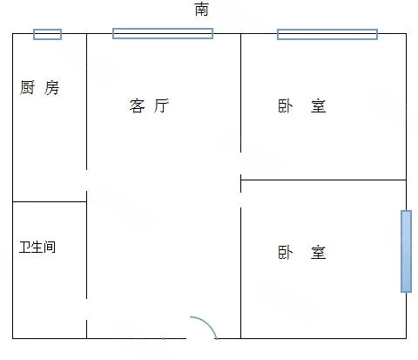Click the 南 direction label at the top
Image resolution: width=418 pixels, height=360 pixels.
pyautogui.click(x=201, y=9)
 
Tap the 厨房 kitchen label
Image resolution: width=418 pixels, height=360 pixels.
pyautogui.click(x=39, y=87)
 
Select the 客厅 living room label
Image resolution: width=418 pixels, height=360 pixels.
pyautogui.click(x=149, y=105)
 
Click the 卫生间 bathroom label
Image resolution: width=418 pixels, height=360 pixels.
pyautogui.click(x=37, y=247)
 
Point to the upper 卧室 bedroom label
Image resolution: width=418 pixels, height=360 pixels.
pyautogui.click(x=302, y=106)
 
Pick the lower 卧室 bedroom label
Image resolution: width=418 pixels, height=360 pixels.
pyautogui.click(x=302, y=252)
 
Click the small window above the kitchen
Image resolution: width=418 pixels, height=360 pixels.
pyautogui.click(x=47, y=34)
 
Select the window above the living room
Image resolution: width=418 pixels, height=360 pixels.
pyautogui.click(x=163, y=33)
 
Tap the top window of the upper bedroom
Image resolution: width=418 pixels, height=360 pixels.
pyautogui.click(x=327, y=34)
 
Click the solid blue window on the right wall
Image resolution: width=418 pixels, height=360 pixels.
pyautogui.click(x=406, y=251)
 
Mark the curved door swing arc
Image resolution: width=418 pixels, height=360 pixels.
pyautogui.click(x=207, y=323)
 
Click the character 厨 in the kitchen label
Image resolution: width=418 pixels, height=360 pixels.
pyautogui.click(x=27, y=87)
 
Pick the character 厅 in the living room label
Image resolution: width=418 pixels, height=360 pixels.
pyautogui.click(x=161, y=105)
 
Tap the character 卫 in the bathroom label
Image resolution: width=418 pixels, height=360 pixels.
pyautogui.click(x=25, y=247)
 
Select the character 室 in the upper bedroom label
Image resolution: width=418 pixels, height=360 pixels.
pyautogui.click(x=319, y=106)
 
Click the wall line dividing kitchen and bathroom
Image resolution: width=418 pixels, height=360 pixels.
pyautogui.click(x=50, y=201)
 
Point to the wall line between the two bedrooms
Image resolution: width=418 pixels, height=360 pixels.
pyautogui.click(x=323, y=180)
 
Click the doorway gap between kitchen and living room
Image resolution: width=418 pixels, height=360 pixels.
pyautogui.click(x=86, y=180)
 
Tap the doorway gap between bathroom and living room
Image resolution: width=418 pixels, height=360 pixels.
pyautogui.click(x=86, y=309)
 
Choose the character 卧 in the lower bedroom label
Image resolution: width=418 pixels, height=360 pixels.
pyautogui.click(x=286, y=252)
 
